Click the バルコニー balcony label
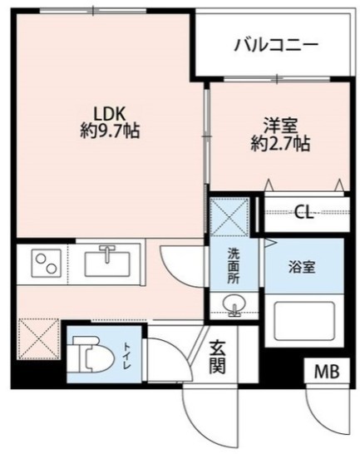274,44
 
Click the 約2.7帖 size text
278,143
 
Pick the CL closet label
303,213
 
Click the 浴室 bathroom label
301,268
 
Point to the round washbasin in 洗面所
234,308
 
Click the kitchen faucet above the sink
108,250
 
